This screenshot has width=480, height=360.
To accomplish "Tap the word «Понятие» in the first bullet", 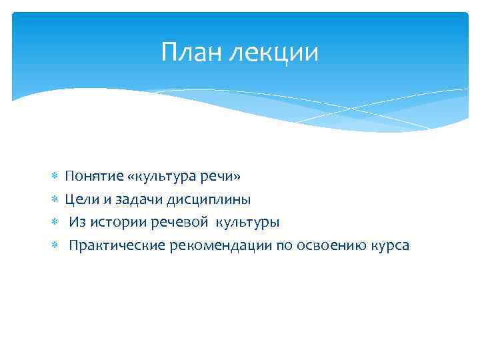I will (x=94, y=177).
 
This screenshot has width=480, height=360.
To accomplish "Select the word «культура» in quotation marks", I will (x=163, y=177).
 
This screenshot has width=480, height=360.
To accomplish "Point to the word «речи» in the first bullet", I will (x=222, y=177).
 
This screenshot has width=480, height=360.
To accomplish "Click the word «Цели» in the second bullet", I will (x=81, y=199).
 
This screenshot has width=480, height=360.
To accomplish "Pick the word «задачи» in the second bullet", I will (x=135, y=199).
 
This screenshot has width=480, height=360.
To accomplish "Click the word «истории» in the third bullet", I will (x=113, y=222).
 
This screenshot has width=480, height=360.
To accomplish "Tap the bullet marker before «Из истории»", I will (x=55, y=223).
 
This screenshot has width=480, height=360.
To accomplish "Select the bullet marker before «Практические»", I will (x=55, y=246).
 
